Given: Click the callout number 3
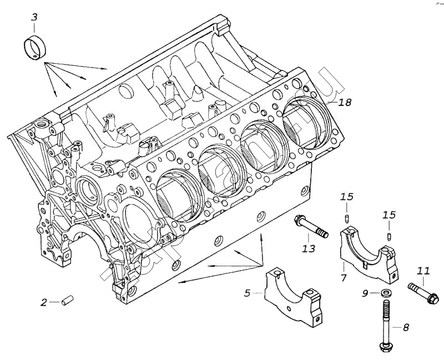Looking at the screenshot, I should coord(34,17).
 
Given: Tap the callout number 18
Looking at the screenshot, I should coord(345,103).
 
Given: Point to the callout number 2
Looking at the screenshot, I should coord(44,302).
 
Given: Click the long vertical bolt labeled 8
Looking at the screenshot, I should coord(384,324).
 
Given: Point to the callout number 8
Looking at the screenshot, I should coord(406,327).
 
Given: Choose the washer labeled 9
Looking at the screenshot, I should coord(385,292).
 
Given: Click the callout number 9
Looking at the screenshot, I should coord(365,292).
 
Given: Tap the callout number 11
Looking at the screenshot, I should coord(423,271).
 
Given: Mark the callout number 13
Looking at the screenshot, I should coord(309,249).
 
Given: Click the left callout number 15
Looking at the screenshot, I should coord(347,197).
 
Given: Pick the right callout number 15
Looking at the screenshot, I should coord(389,215).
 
